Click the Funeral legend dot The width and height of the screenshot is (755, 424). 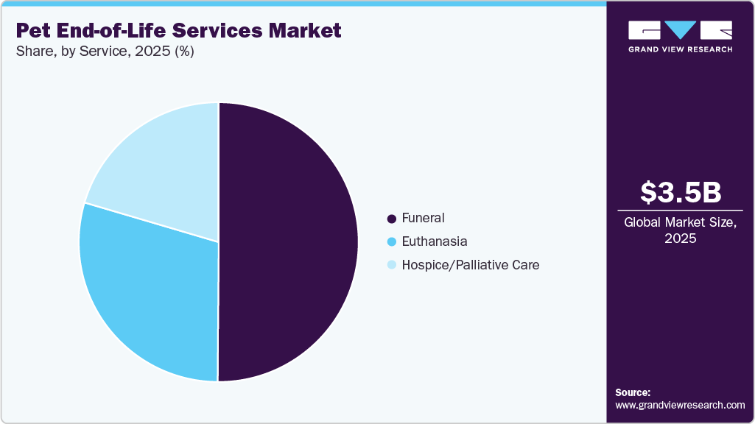point(392,219)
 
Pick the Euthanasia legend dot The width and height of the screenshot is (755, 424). point(392,241)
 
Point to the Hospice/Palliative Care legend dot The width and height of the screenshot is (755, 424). point(392,265)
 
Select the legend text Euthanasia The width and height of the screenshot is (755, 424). point(435,241)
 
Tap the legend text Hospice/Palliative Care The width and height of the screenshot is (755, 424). point(471,265)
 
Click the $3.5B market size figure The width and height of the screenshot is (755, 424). point(680,192)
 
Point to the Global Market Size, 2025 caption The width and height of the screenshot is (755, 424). point(680,230)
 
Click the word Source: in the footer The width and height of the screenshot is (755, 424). point(633,392)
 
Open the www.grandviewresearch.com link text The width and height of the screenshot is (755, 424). point(680,405)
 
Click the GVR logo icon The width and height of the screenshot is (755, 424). point(680,30)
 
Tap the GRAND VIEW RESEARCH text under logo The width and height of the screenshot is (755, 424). point(680,49)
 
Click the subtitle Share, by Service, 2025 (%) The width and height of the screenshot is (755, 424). point(105,52)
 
